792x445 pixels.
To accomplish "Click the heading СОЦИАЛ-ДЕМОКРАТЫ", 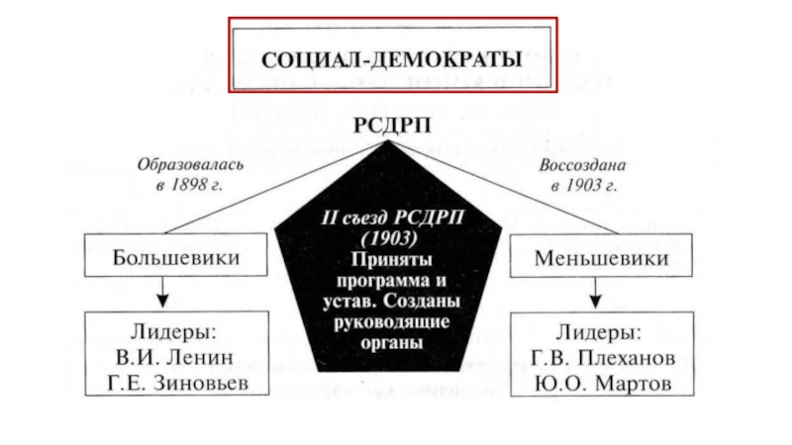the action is [391, 59].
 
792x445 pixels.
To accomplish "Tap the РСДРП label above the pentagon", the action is [392, 126].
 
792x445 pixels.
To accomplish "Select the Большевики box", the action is [176, 255].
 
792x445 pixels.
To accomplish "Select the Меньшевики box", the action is [601, 255].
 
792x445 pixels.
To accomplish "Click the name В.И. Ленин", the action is [175, 357].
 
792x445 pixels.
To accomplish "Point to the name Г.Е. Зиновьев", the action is [178, 383].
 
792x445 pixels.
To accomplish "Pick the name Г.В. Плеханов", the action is [603, 358].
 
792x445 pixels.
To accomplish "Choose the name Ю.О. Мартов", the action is [603, 384].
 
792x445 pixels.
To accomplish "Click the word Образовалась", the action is [190, 164].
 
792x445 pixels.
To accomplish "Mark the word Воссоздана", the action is [582, 165].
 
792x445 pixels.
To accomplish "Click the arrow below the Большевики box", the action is [162, 292].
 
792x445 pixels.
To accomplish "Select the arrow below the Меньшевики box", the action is [596, 293].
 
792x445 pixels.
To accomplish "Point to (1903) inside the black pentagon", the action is [390, 238].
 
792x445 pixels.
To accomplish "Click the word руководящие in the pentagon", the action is [392, 322].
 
